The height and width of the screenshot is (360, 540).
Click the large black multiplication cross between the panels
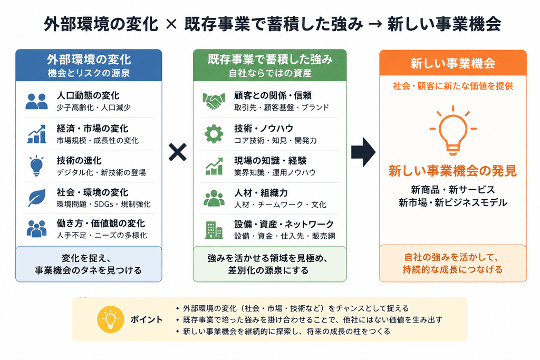coord(177,152)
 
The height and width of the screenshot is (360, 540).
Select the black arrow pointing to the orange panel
coord(363,152)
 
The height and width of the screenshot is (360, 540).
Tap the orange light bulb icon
coord(453,130)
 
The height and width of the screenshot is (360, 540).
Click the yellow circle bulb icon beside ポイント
coord(111,319)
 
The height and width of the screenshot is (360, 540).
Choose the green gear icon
coord(214,133)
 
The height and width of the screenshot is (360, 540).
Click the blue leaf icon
coord(37,198)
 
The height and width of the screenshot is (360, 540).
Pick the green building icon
coord(214,230)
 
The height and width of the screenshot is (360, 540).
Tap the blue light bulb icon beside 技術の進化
coord(36,166)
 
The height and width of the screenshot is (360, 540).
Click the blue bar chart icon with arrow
coord(36,134)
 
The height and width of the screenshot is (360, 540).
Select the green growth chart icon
coord(214,166)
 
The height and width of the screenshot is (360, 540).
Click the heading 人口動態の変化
coord(88,95)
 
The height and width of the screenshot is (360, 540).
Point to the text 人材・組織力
coord(261,193)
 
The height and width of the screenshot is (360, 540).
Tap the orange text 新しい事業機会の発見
coord(453,171)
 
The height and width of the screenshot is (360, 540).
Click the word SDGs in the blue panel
coord(104,204)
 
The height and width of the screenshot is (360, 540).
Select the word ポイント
coord(147,320)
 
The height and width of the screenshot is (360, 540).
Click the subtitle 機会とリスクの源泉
coord(89,73)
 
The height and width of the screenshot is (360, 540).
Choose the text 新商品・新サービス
coord(453,190)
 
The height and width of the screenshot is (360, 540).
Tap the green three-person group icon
coord(214,198)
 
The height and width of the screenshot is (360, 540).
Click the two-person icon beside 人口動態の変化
coord(36,102)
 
